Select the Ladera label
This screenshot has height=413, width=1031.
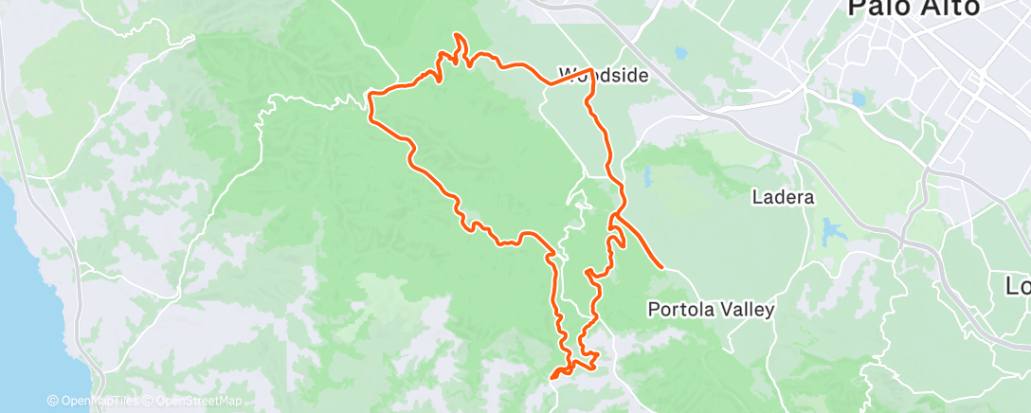point(783,198)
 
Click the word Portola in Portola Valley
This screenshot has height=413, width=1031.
point(680,309)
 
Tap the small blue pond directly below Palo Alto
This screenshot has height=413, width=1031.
point(859,99)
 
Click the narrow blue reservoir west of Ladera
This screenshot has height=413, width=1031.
point(647,177)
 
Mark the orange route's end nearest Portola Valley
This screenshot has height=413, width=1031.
point(660,269)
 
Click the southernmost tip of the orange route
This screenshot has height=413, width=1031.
point(552,378)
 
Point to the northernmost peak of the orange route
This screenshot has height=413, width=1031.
point(459,36)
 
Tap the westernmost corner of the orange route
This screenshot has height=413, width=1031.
point(368,96)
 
